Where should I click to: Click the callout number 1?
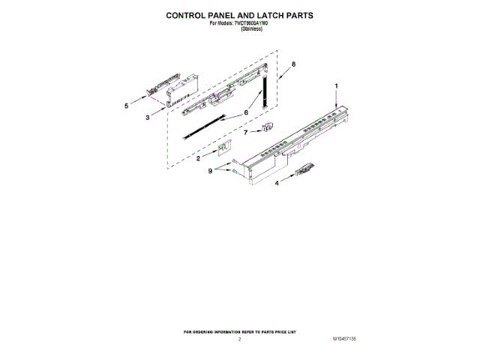point(337,87)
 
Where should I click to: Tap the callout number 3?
point(148,118)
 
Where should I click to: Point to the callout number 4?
point(277,182)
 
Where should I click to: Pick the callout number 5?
point(126,106)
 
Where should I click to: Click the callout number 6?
point(245,113)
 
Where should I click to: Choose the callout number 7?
point(245,133)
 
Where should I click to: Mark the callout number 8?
point(293,64)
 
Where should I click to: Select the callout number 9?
point(211,170)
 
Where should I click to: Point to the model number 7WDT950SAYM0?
point(256,22)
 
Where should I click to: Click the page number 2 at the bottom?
point(239,340)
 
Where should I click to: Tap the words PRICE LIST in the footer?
point(283,331)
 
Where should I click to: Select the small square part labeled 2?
point(222,149)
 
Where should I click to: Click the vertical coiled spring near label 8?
point(264,91)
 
